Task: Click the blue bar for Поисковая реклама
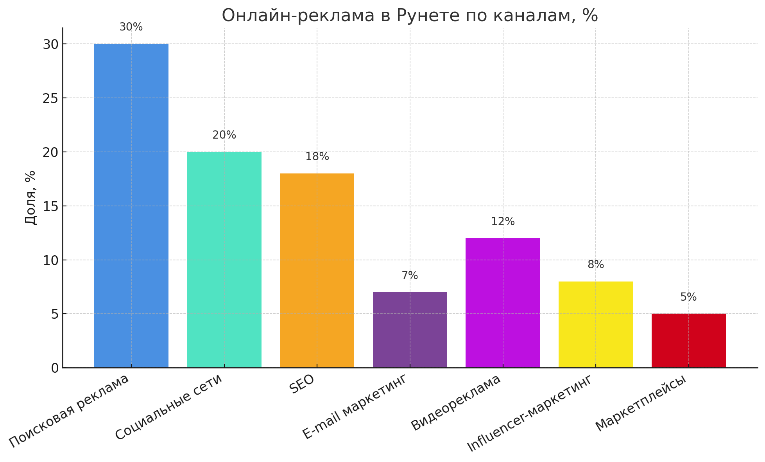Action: [131, 206]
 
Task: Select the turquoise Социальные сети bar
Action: [224, 260]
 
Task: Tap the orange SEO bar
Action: [317, 270]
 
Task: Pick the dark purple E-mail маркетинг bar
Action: [410, 330]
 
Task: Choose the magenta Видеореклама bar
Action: [503, 303]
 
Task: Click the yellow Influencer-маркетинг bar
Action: [595, 324]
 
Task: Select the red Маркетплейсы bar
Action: [688, 340]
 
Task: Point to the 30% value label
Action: [131, 27]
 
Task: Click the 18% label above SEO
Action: [317, 157]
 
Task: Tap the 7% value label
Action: [410, 276]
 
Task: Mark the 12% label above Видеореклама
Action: [503, 222]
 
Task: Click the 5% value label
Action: [688, 297]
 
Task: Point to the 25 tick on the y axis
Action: [51, 98]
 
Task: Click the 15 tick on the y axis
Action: [51, 206]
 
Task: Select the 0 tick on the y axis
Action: [55, 368]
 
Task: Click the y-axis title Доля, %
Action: [30, 197]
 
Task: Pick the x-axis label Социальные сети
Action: [168, 407]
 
